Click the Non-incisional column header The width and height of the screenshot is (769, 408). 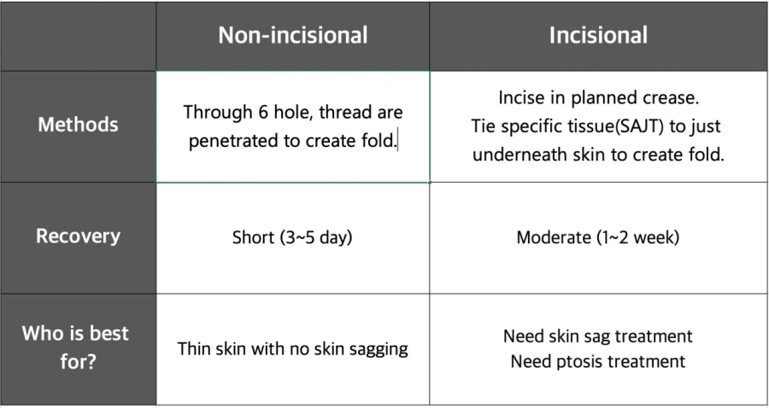(x=293, y=35)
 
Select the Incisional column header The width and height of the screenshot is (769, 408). (x=598, y=35)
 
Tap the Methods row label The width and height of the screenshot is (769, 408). (x=78, y=125)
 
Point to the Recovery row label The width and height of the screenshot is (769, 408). (x=78, y=236)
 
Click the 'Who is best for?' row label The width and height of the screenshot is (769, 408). (x=75, y=347)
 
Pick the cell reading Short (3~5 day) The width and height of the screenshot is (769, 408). (x=292, y=237)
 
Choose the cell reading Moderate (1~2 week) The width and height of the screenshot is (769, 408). (x=598, y=237)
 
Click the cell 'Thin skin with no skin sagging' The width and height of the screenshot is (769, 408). (x=293, y=349)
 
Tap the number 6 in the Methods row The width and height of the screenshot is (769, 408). (x=262, y=112)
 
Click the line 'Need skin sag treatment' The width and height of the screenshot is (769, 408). (x=598, y=336)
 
